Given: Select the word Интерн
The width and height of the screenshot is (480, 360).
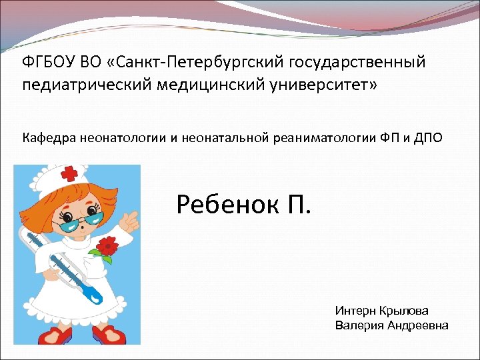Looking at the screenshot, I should [x=355, y=311].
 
